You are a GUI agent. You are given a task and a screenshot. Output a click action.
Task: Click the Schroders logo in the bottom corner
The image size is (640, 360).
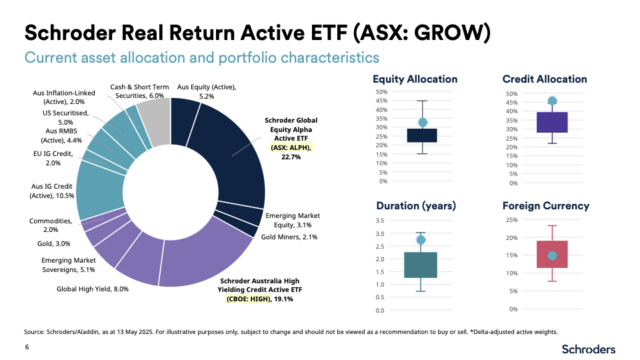pyautogui.click(x=589, y=349)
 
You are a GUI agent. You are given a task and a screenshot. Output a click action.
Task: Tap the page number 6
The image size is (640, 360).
pyautogui.click(x=27, y=347)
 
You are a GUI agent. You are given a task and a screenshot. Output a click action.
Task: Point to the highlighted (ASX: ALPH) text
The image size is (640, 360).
pyautogui.click(x=292, y=147)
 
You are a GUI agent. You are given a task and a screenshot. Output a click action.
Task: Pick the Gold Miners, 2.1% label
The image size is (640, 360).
pyautogui.click(x=289, y=237)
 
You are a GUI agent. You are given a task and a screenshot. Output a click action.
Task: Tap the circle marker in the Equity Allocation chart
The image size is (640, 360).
pyautogui.click(x=423, y=123)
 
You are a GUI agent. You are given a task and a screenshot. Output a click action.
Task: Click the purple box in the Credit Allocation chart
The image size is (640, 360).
pyautogui.click(x=552, y=122)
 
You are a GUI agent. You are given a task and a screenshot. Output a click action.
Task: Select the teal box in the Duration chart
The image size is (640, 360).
pyautogui.click(x=421, y=265)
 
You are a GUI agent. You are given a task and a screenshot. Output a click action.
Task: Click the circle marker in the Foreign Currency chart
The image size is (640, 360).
pyautogui.click(x=552, y=256)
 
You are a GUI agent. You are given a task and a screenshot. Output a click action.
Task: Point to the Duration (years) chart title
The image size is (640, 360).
pyautogui.click(x=416, y=205)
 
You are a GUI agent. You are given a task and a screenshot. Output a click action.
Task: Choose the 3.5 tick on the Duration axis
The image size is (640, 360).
pyautogui.click(x=381, y=221)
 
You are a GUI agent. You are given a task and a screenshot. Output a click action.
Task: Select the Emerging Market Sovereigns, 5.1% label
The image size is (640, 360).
pyautogui.click(x=69, y=265)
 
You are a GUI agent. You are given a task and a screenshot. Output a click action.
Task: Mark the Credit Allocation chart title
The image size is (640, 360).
pyautogui.click(x=545, y=79)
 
